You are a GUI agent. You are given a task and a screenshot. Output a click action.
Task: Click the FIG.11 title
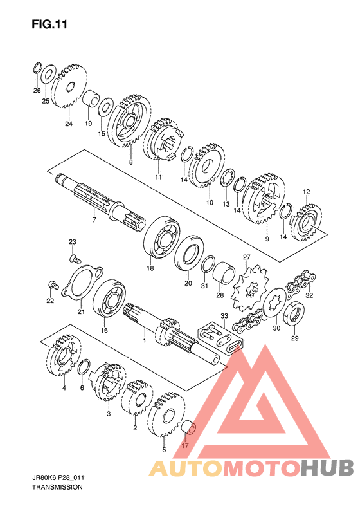coord(50,24)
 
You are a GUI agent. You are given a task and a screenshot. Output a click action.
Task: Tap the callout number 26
coord(37,90)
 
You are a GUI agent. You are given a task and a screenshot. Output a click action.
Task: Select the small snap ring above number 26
coord(37,68)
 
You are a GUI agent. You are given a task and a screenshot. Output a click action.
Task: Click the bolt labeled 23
coord(75,259)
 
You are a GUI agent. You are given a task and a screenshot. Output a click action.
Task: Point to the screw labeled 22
coord(53,285)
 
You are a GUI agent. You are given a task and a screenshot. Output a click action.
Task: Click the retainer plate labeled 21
coord(82,282)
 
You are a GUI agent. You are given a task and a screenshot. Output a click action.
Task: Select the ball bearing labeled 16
coord(109,298)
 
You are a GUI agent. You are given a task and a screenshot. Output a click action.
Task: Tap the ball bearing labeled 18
coord(161,236)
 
